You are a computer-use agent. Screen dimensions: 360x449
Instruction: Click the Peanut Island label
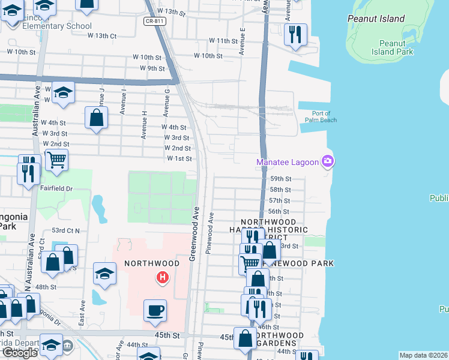pos(376,19)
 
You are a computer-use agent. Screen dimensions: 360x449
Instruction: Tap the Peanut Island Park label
pos(396,48)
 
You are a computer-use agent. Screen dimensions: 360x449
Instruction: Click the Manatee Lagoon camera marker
pos(328,161)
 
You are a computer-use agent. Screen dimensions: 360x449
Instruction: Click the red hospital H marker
pos(161,278)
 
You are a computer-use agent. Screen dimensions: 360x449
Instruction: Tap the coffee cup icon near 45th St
pos(155,310)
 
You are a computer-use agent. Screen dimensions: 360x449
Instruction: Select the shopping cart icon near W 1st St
pos(56,160)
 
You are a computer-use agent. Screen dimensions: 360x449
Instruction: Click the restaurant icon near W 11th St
pos(295,35)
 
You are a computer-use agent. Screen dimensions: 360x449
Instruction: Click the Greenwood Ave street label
pos(194,235)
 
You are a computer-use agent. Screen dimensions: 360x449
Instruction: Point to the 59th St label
pos(280,179)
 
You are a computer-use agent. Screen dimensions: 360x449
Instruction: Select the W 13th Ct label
pos(101,36)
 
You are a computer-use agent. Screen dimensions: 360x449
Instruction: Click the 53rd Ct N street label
pos(66,230)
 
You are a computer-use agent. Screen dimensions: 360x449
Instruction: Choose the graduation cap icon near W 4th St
pos(62,92)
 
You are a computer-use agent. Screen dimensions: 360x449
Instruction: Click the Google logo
pos(20,353)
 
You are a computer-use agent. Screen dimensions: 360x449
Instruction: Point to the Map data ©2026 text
pos(424,355)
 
